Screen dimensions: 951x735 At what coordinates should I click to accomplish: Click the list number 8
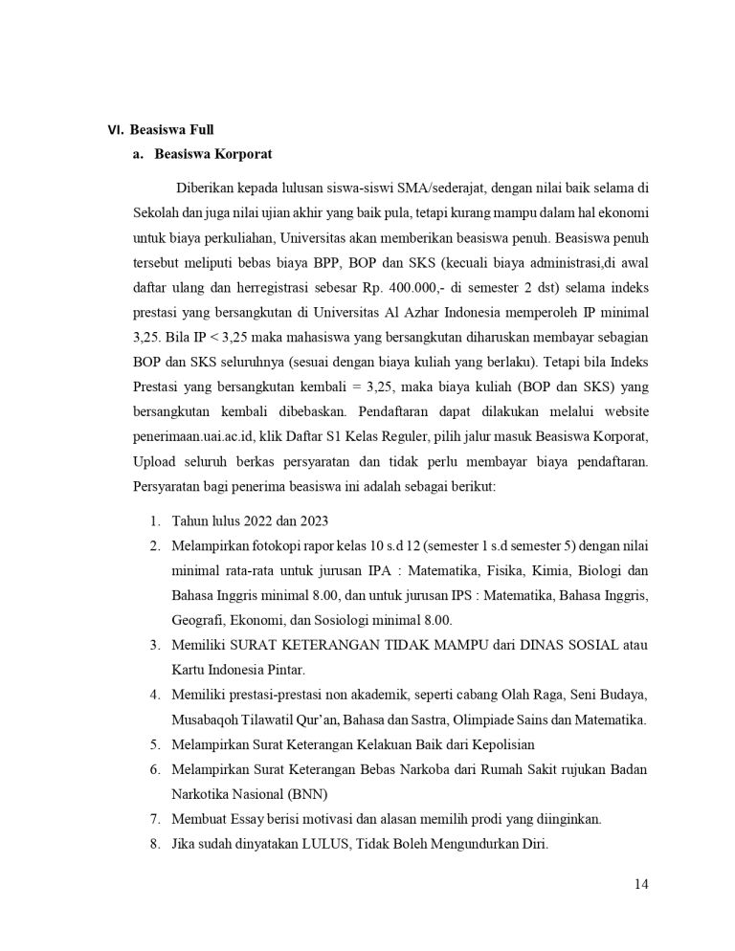[154, 844]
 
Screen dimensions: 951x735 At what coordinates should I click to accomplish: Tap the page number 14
[641, 884]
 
